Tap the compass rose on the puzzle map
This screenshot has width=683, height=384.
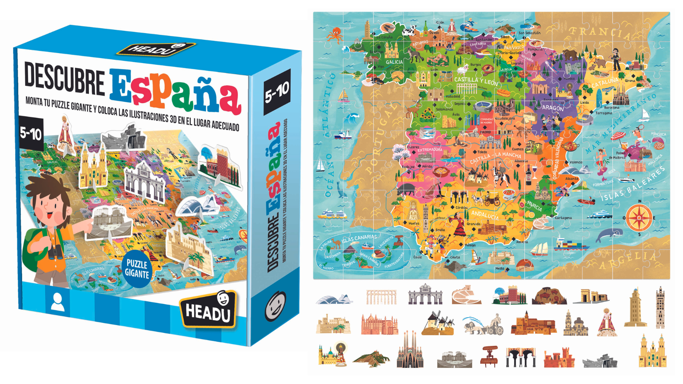pos(639,218)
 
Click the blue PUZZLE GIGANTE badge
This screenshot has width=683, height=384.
pos(137,269)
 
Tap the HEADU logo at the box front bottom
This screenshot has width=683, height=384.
pos(208,310)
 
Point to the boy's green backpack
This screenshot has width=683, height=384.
pos(34,245)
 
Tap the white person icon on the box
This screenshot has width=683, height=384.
pos(57,302)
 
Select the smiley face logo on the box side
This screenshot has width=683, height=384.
pos(275,305)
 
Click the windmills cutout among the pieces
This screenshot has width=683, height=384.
pos(438,324)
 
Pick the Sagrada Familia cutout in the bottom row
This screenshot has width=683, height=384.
pos(410,352)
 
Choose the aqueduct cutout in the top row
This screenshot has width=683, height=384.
pos(381,297)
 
